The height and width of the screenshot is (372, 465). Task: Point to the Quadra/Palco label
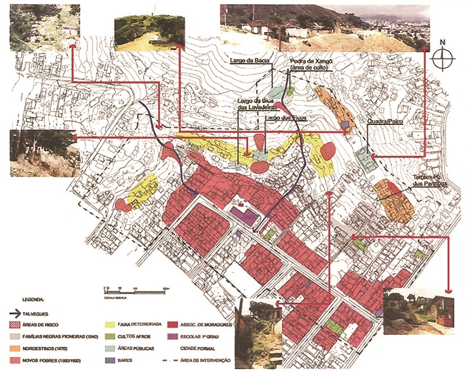[383, 122]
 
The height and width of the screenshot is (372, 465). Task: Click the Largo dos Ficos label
[281, 116]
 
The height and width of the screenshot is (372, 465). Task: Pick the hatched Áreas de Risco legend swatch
[27, 324]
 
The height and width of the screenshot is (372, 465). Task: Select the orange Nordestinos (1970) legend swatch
[27, 348]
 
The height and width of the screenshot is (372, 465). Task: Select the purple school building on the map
[244, 214]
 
